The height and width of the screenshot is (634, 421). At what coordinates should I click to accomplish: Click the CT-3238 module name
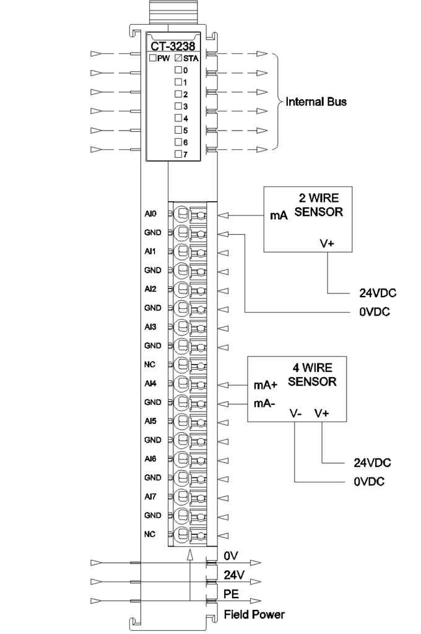point(173,46)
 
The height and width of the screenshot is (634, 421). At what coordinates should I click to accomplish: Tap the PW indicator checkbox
point(152,58)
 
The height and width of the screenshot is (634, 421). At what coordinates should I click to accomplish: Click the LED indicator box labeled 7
point(178,154)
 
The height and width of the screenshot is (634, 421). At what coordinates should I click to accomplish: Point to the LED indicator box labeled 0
point(178,69)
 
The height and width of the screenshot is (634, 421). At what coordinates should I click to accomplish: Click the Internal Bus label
point(316,102)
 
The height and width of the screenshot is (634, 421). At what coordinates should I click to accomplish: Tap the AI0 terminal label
point(150,214)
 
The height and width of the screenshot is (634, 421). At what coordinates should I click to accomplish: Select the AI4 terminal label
point(150,383)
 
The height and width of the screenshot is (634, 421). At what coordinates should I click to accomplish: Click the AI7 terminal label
point(150,497)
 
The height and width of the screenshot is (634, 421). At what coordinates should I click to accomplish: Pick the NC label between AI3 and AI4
point(150,364)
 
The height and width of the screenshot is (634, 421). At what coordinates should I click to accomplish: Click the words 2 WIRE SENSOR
point(319,205)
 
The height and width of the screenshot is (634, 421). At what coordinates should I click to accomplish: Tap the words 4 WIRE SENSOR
point(312,375)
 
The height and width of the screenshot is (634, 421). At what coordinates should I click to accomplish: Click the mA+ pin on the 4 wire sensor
point(266,385)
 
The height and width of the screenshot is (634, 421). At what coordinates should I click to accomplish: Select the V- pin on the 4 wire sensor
point(296,413)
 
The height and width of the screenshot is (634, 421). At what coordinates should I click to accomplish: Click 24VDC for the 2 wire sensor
point(378,293)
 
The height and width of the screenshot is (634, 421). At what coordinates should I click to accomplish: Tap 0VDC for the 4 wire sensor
point(369,482)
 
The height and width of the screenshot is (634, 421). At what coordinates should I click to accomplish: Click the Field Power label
point(254,615)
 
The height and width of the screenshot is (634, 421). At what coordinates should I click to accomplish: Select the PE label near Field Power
point(232,594)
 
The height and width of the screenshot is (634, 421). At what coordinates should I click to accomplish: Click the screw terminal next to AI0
point(181,214)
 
